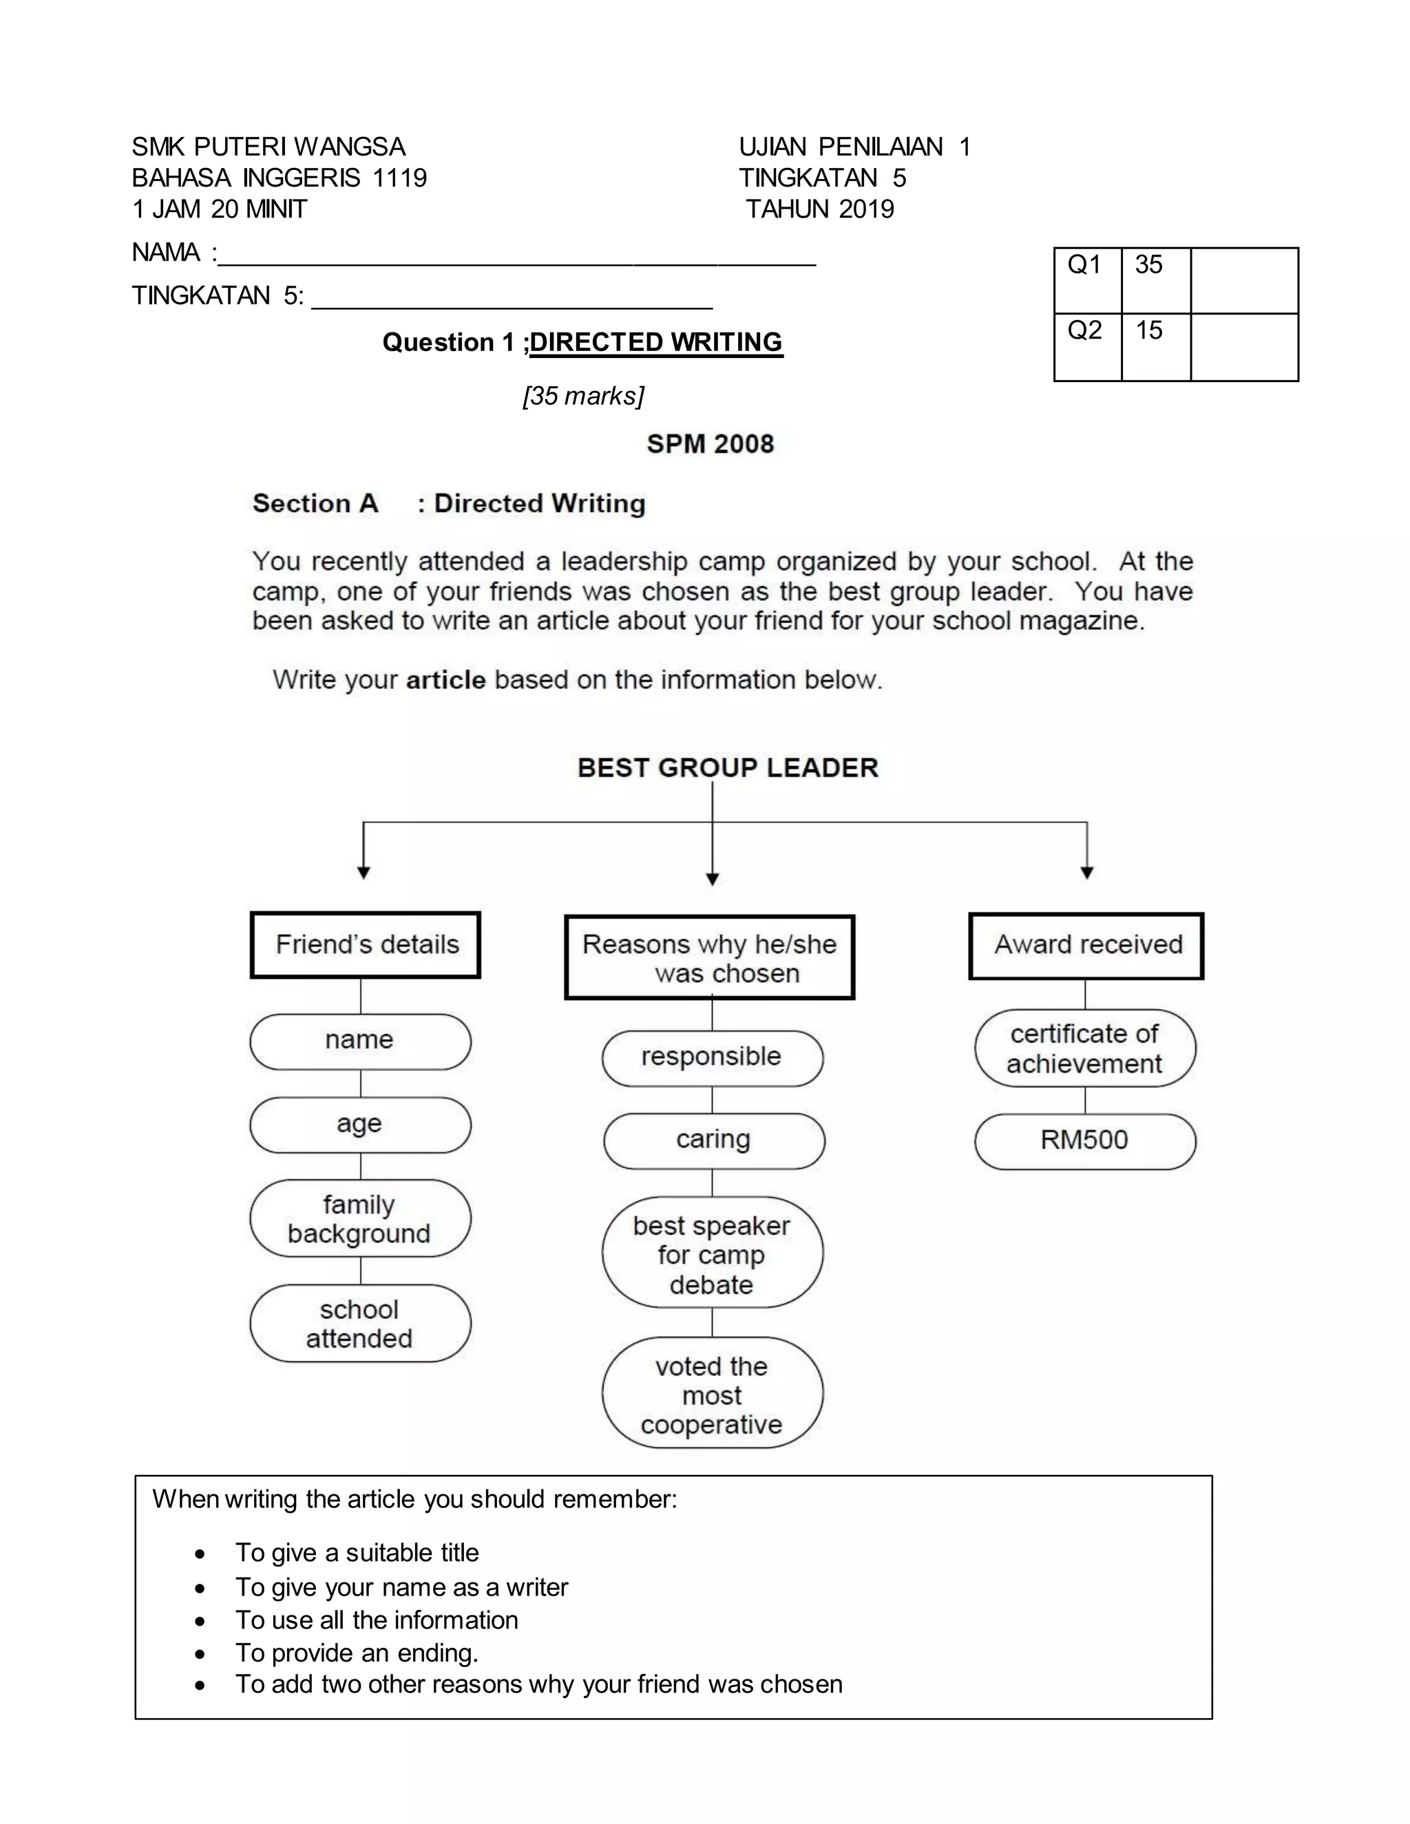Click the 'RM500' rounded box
point(1084,1141)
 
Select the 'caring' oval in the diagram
point(713,1140)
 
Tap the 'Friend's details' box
point(366,944)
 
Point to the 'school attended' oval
point(360,1324)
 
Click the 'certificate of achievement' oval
point(1084,1049)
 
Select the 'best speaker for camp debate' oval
point(712,1254)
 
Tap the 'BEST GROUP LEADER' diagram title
point(728,767)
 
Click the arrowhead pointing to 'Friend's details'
point(364,873)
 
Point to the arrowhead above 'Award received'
point(1086,873)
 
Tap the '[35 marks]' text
point(583,396)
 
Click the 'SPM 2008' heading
point(710,443)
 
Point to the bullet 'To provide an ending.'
point(357,1653)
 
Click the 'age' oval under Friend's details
point(360,1124)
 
